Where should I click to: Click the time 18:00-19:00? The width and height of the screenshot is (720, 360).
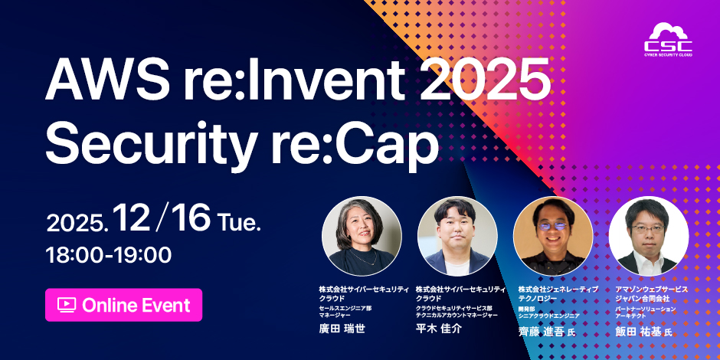coord(109,254)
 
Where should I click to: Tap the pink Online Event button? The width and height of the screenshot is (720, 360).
coord(124,305)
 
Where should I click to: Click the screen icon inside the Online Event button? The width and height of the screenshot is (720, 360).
coord(67,305)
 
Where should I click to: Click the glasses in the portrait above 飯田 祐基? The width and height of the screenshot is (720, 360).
coord(648,229)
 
